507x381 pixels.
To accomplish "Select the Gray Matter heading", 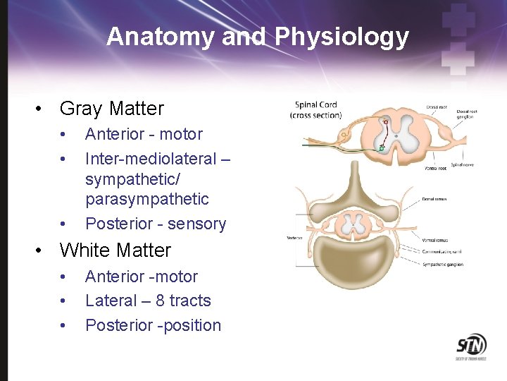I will (111, 109).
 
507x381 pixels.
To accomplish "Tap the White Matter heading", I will (115, 250).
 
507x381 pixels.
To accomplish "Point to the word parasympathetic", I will (147, 199).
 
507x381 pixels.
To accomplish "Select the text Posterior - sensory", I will (156, 224).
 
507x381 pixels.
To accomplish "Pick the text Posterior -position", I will (153, 325).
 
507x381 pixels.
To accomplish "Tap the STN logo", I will (470, 347).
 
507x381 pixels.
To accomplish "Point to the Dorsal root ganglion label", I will (465, 114).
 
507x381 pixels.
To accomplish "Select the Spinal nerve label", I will (461, 165).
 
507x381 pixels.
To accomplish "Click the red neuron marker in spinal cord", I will (386, 122).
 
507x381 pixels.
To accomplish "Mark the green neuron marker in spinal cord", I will (381, 148).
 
